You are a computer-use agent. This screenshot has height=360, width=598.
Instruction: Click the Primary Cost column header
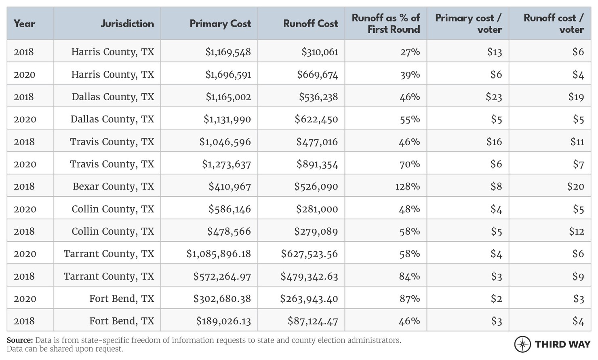pyautogui.click(x=220, y=24)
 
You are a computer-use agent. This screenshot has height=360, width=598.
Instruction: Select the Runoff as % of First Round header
pyautogui.click(x=385, y=24)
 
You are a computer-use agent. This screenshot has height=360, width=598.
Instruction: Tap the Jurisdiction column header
pyautogui.click(x=127, y=24)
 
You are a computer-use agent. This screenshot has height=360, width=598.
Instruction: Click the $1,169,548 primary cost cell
pyautogui.click(x=228, y=52)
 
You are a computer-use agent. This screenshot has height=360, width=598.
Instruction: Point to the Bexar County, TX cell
pyautogui.click(x=113, y=187)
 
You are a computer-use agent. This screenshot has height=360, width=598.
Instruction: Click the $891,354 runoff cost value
pyautogui.click(x=317, y=164)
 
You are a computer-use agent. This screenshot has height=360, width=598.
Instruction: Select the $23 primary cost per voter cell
pyautogui.click(x=494, y=97)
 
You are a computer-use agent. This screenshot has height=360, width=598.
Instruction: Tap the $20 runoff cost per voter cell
pyautogui.click(x=575, y=187)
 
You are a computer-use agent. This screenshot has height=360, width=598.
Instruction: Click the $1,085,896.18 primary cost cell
pyautogui.click(x=219, y=254)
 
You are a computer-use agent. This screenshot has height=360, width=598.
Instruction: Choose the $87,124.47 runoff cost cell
pyautogui.click(x=313, y=321)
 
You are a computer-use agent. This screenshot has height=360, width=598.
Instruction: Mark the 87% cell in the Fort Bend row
pyautogui.click(x=409, y=299)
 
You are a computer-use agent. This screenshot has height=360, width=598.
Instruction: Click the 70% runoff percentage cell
pyautogui.click(x=409, y=164)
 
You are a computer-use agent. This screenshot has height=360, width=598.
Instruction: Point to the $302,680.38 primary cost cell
pyautogui.click(x=222, y=299)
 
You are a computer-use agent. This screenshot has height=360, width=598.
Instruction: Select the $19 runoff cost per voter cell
pyautogui.click(x=576, y=97)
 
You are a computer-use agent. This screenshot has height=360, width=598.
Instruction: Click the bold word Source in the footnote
pyautogui.click(x=19, y=340)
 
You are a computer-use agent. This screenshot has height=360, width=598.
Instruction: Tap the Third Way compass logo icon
pyautogui.click(x=522, y=344)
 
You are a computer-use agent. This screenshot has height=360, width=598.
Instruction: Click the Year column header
pyautogui.click(x=24, y=24)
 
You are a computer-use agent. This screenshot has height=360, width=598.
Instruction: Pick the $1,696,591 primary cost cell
pyautogui.click(x=228, y=75)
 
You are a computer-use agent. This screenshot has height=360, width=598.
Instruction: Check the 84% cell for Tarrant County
pyautogui.click(x=409, y=276)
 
